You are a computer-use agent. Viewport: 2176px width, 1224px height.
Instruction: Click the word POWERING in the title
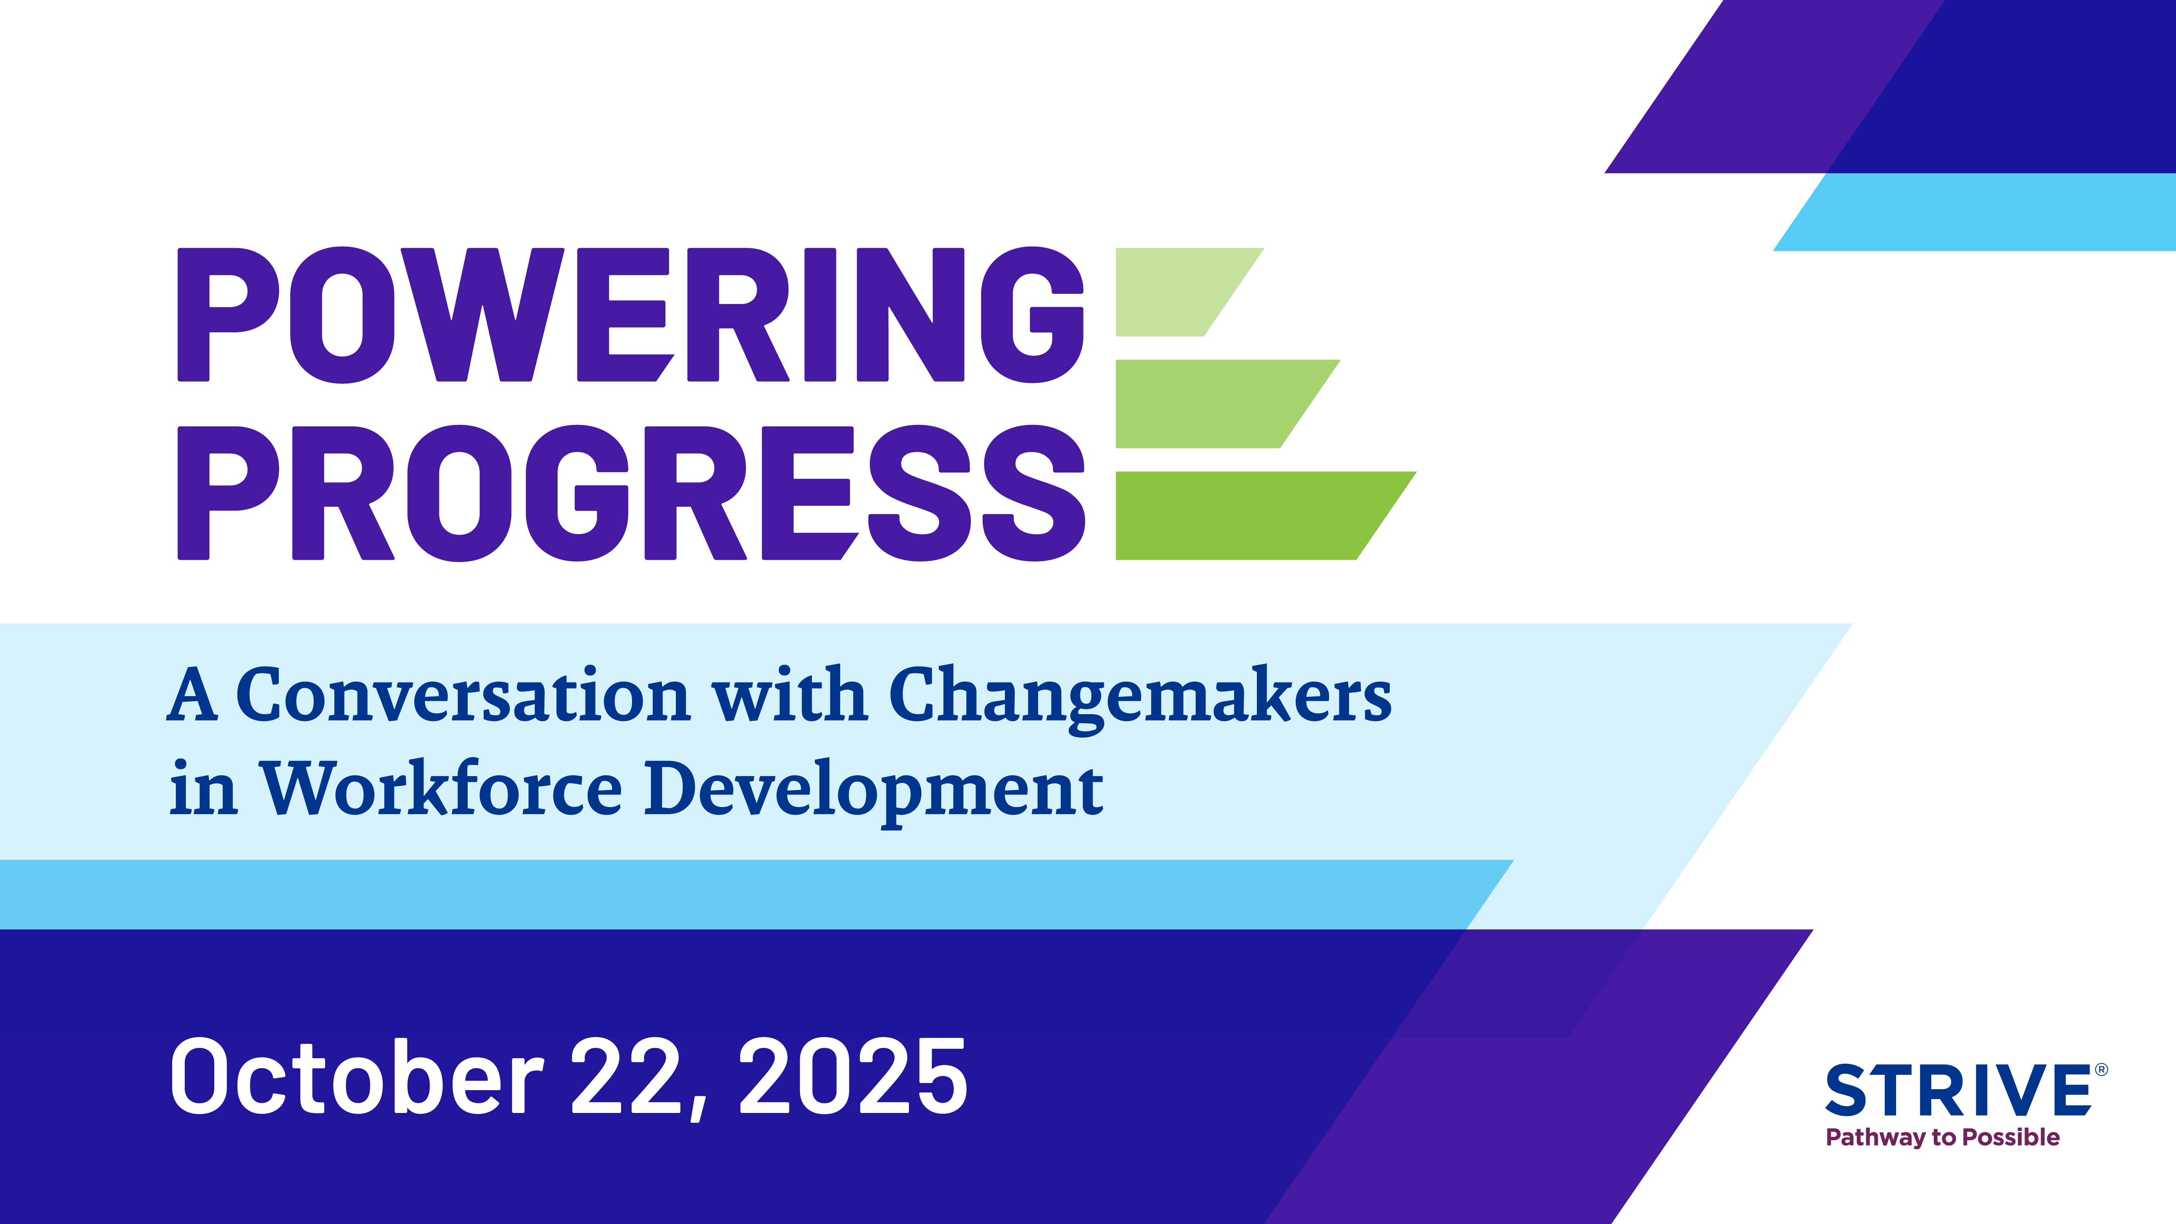[630, 314]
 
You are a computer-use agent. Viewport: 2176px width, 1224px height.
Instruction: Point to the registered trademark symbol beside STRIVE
[2102, 1070]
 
